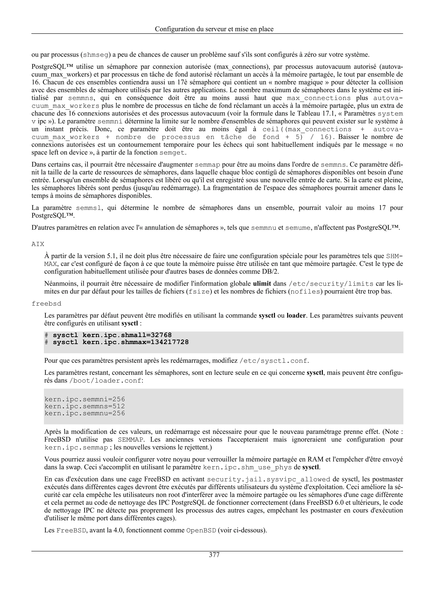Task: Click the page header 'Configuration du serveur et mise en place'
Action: click(214, 29)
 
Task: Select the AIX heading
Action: click(38, 244)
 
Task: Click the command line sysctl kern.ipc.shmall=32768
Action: click(112, 335)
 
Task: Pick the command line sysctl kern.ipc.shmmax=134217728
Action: click(121, 342)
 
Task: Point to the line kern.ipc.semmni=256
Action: click(85, 399)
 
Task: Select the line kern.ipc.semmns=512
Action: click(85, 406)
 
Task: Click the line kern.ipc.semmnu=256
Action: click(85, 413)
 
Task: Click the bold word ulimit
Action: click(262, 284)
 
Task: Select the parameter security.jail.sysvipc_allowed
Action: click(269, 479)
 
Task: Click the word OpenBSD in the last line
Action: click(201, 530)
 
